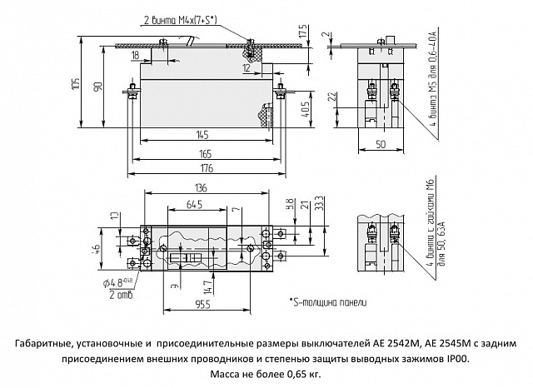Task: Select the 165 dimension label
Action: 205,153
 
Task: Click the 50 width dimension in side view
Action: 380,144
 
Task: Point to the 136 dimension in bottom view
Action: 201,187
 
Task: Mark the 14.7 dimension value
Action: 207,284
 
